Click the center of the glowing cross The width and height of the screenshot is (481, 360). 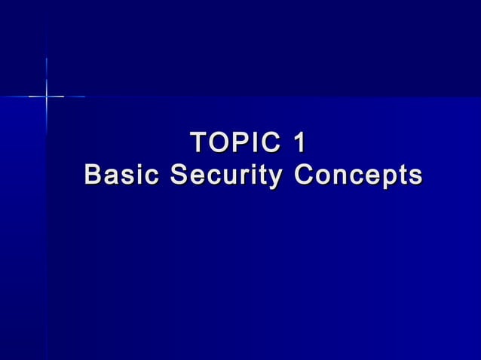47,96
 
